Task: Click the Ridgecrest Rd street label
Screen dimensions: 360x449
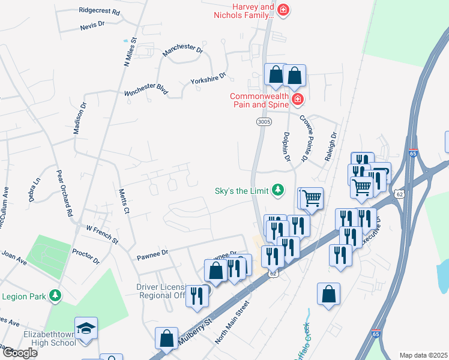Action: coord(99,11)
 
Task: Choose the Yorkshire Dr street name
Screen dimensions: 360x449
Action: coord(208,79)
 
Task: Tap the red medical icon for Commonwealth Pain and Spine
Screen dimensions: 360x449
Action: coord(296,98)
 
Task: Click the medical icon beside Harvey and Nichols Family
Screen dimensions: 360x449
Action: coord(283,9)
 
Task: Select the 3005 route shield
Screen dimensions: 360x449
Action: coord(264,121)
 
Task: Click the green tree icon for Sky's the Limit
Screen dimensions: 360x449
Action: coord(277,190)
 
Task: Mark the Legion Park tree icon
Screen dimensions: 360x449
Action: coord(55,295)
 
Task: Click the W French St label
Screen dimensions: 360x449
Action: coord(102,234)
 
